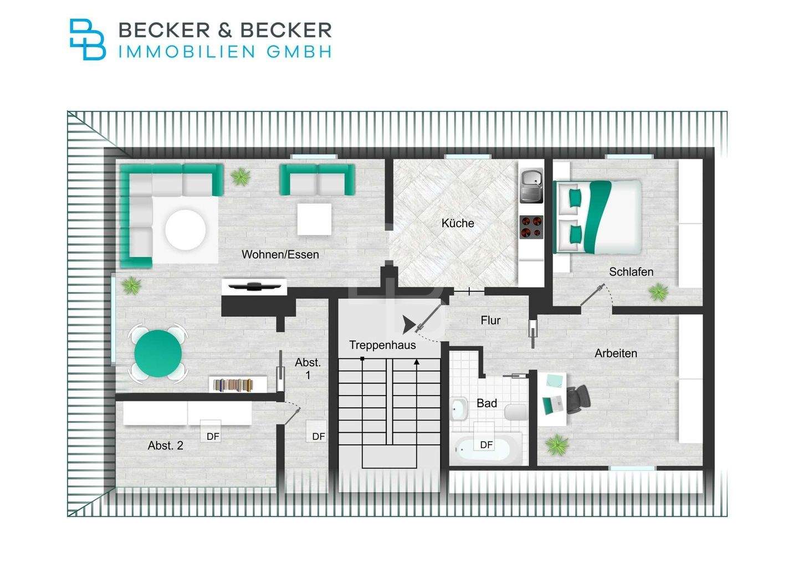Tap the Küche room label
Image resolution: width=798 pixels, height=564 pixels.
click(458, 223)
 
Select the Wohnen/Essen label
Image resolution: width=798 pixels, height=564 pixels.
click(280, 255)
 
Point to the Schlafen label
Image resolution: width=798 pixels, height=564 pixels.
click(631, 272)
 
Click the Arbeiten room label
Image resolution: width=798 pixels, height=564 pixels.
click(615, 353)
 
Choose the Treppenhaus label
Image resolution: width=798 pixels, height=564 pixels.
click(382, 345)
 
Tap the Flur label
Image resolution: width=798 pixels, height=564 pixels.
click(490, 320)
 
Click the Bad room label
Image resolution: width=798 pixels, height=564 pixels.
click(487, 403)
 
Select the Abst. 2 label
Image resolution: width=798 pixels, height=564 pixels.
click(165, 445)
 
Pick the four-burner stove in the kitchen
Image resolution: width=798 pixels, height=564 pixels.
click(531, 227)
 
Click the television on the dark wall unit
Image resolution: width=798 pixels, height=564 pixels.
click(253, 286)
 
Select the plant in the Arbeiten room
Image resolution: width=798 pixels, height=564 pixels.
click(556, 444)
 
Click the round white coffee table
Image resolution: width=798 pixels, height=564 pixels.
click(186, 229)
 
